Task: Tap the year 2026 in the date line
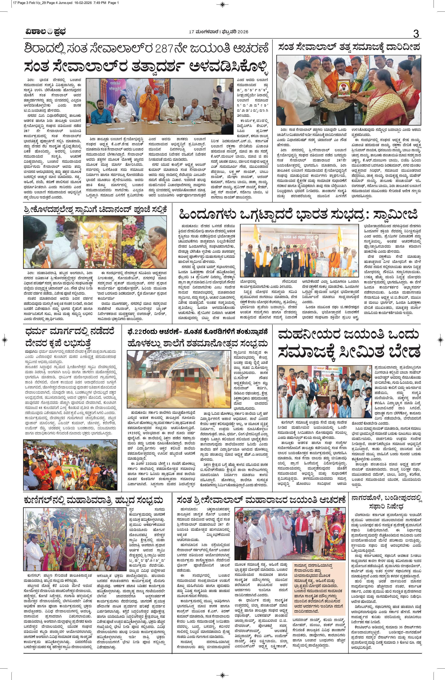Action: (x=242, y=31)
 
